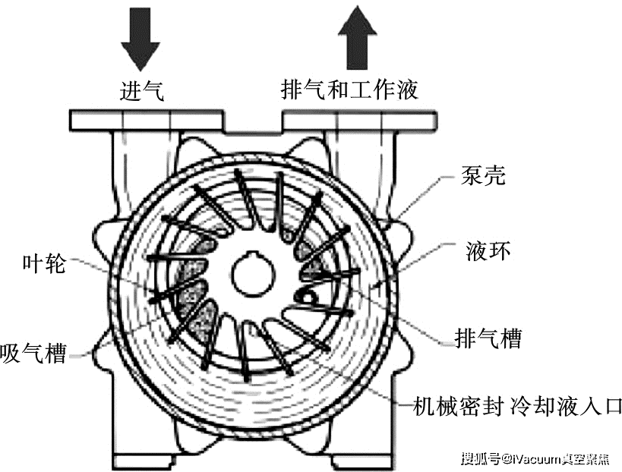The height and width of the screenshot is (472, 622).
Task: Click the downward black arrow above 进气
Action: coord(141,39)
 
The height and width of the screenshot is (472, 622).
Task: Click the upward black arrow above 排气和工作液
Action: coord(358,38)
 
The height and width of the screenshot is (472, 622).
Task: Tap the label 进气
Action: coord(141,91)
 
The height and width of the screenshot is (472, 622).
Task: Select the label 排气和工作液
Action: coord(349,89)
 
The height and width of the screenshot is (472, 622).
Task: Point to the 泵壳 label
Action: coord(483,175)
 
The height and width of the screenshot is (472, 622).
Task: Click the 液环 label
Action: coord(488,250)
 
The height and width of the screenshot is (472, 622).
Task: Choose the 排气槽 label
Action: coord(488,338)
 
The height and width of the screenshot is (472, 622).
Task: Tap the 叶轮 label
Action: coord(43,263)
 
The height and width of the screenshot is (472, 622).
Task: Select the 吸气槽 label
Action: coord(33,352)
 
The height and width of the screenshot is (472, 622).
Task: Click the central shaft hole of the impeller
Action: coord(253,273)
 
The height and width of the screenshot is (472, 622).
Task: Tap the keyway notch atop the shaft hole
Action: coord(253,254)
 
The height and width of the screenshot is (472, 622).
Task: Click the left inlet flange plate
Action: coord(145,121)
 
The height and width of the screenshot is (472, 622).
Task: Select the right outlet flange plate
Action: coord(360,121)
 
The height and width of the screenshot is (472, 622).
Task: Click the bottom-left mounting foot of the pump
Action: coord(144,461)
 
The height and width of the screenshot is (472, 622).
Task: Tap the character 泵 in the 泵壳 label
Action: coord(472,175)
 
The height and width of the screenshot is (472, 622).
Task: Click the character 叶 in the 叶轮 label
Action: coord(33,263)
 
